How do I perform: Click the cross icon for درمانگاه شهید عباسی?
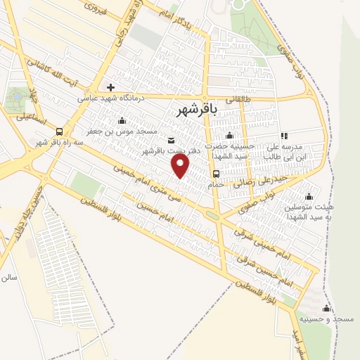[x=110, y=87]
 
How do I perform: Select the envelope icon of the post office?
[x=172, y=140]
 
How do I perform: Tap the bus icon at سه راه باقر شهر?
[x=58, y=131]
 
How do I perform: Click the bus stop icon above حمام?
[x=216, y=174]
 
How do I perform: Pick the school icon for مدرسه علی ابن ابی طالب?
[x=284, y=136]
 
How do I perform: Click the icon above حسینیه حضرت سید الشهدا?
[x=228, y=136]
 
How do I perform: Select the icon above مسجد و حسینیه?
[x=326, y=309]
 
